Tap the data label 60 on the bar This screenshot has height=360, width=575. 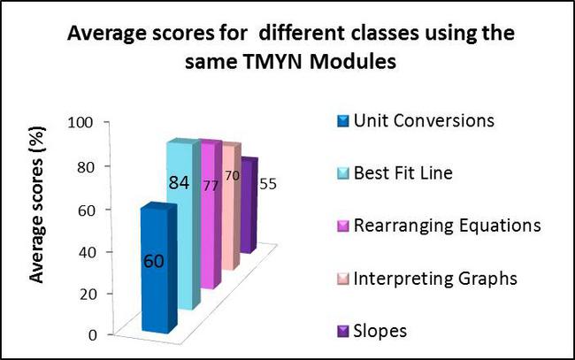(152, 262)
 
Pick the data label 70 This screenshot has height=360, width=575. (231, 176)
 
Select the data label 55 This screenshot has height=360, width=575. (265, 184)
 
